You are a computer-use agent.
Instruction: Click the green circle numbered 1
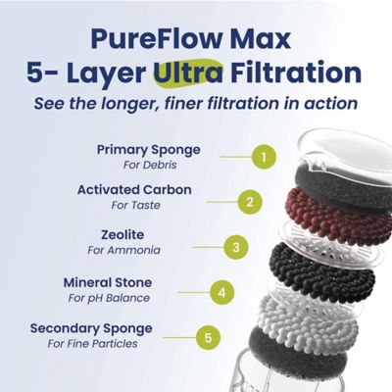[260, 155]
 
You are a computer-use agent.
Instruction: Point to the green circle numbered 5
[207, 338]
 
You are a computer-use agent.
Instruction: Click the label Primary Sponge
[148, 149]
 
